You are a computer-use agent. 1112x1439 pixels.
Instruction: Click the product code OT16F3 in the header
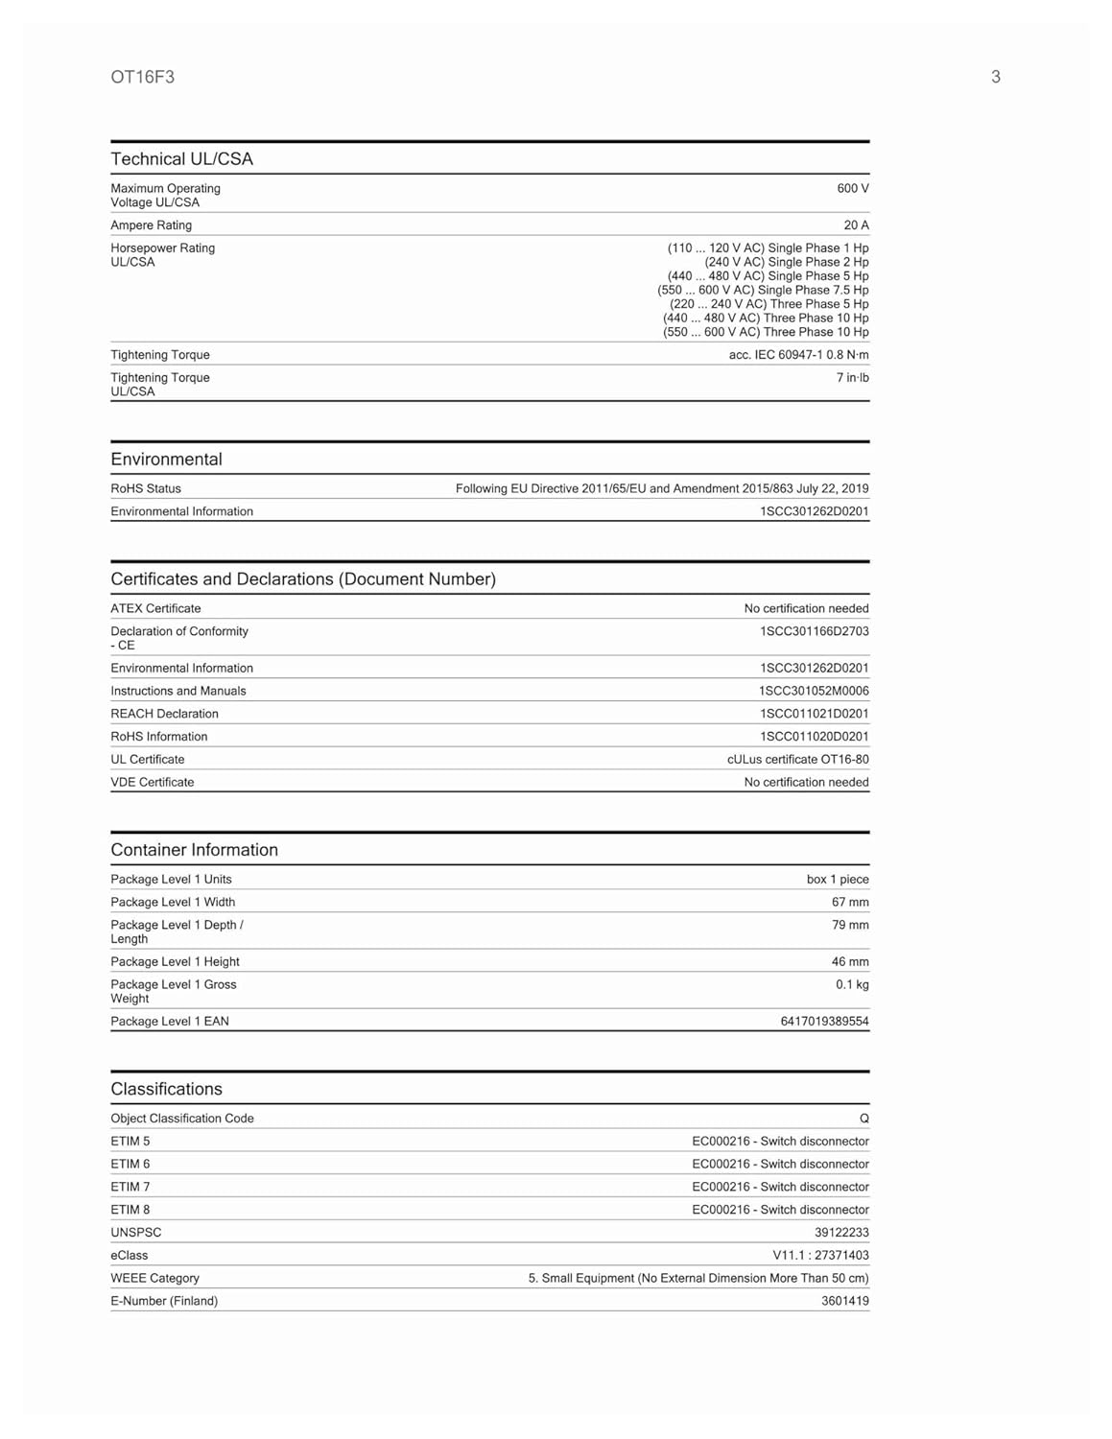click(x=142, y=77)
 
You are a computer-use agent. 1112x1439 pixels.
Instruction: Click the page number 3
click(x=995, y=77)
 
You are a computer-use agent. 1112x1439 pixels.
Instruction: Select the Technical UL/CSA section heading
click(x=181, y=159)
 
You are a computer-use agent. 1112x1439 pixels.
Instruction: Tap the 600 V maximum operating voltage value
click(x=852, y=189)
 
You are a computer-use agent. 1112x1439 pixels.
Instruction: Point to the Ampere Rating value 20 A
click(x=856, y=225)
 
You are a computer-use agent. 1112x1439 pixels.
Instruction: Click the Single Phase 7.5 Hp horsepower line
click(x=763, y=290)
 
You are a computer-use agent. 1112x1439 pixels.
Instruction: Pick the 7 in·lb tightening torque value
click(x=852, y=378)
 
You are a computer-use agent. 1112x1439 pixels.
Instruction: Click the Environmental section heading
click(x=166, y=460)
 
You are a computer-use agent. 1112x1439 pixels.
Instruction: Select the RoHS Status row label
click(x=146, y=489)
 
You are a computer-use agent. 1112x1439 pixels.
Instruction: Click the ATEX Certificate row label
click(x=155, y=609)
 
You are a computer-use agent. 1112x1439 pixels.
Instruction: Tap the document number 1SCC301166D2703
click(x=814, y=632)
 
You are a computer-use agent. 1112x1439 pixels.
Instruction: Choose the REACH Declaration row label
click(x=164, y=714)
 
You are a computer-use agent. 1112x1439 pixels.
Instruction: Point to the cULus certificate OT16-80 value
click(x=797, y=760)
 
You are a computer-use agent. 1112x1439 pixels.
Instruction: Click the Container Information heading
click(x=194, y=850)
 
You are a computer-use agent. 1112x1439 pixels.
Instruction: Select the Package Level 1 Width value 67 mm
click(x=850, y=903)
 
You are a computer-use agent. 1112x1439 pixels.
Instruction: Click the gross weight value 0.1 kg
click(x=852, y=985)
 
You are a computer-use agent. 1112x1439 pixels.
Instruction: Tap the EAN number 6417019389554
click(x=824, y=1022)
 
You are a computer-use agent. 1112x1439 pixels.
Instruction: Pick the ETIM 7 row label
click(x=130, y=1188)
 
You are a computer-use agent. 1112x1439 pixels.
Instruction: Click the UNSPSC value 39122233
click(x=841, y=1233)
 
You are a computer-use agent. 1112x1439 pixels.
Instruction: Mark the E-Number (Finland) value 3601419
click(x=844, y=1302)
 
